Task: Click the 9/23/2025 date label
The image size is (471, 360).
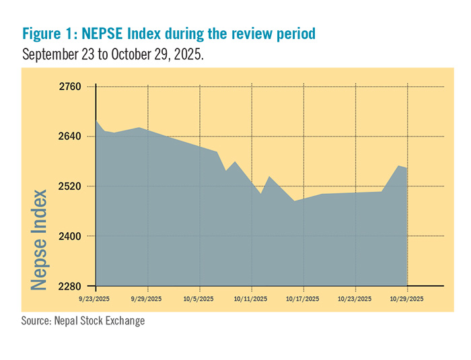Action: [95, 297]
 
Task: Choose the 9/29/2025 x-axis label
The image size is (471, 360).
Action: [146, 297]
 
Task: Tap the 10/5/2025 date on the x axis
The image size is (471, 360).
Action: [199, 297]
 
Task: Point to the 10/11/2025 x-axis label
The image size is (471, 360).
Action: [251, 297]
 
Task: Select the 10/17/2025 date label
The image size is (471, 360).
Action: [303, 297]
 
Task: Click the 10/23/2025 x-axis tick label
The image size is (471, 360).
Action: [355, 297]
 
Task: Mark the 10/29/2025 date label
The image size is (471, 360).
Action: [407, 297]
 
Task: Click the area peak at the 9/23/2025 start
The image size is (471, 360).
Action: [97, 120]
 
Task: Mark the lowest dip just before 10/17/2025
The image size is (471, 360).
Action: [294, 201]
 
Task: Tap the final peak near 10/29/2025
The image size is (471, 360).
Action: [399, 166]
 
